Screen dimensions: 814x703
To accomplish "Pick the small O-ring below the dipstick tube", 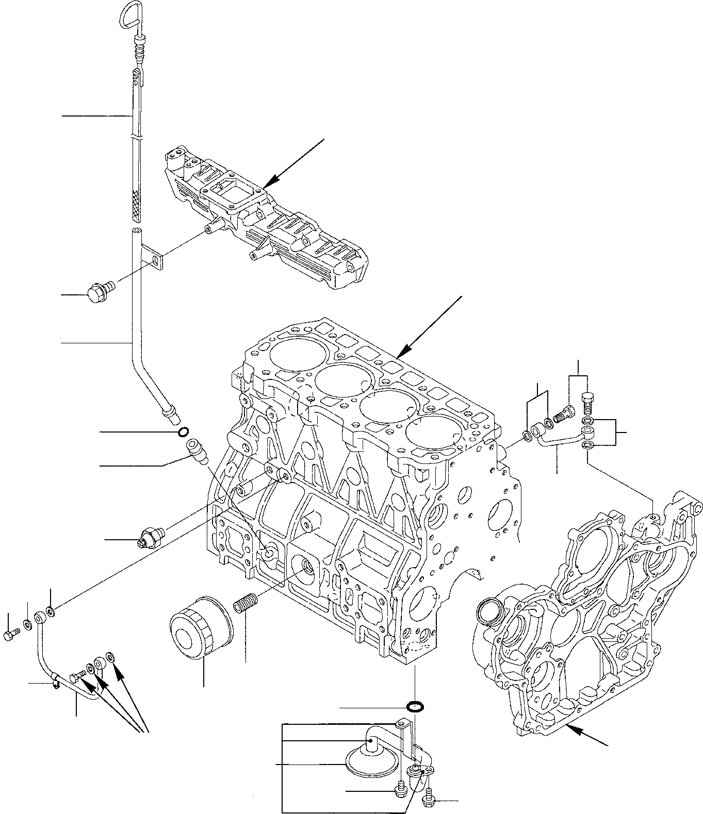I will tap(183, 431).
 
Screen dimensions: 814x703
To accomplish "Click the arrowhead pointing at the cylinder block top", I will tap(405, 353).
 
